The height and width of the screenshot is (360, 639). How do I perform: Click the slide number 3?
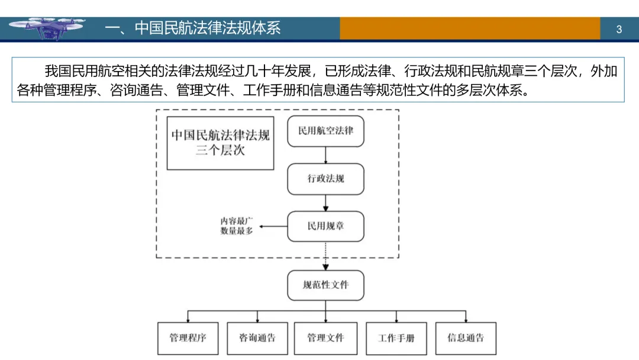point(619,29)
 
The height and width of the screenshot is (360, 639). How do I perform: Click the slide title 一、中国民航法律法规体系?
point(192,28)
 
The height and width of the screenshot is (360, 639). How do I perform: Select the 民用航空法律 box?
point(325,131)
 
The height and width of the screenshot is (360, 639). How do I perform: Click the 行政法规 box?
point(325,179)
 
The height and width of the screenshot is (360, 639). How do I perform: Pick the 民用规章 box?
point(325,226)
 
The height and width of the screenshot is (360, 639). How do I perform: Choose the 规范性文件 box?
point(325,285)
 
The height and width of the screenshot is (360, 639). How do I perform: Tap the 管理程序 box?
point(188,338)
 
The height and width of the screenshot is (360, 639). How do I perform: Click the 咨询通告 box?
point(257,338)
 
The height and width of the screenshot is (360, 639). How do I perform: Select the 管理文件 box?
point(325,338)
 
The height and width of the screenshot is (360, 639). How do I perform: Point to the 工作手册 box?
point(396,339)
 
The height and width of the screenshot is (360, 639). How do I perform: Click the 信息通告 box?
point(466,338)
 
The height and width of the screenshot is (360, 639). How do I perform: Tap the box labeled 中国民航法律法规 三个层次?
point(220,143)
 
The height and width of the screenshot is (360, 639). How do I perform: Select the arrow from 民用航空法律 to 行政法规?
point(325,155)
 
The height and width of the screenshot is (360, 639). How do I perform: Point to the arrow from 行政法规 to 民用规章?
point(325,202)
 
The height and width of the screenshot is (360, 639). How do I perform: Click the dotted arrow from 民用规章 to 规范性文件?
point(325,256)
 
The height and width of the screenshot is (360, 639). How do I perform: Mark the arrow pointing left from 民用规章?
point(273,226)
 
